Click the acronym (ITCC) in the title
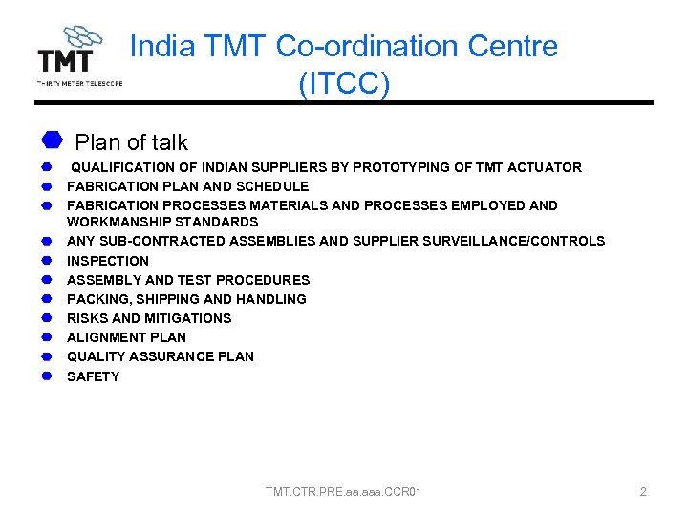pos(343,84)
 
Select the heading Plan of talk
pos(131,142)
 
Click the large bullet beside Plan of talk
pos(52,140)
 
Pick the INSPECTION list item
pos(108,261)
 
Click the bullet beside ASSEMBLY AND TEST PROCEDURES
pos(45,280)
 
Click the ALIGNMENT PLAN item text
pos(126,337)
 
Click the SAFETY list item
pos(93,376)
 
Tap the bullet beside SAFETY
pos(45,376)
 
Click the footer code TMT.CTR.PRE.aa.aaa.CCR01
pos(343,492)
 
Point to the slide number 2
pos(643,492)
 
